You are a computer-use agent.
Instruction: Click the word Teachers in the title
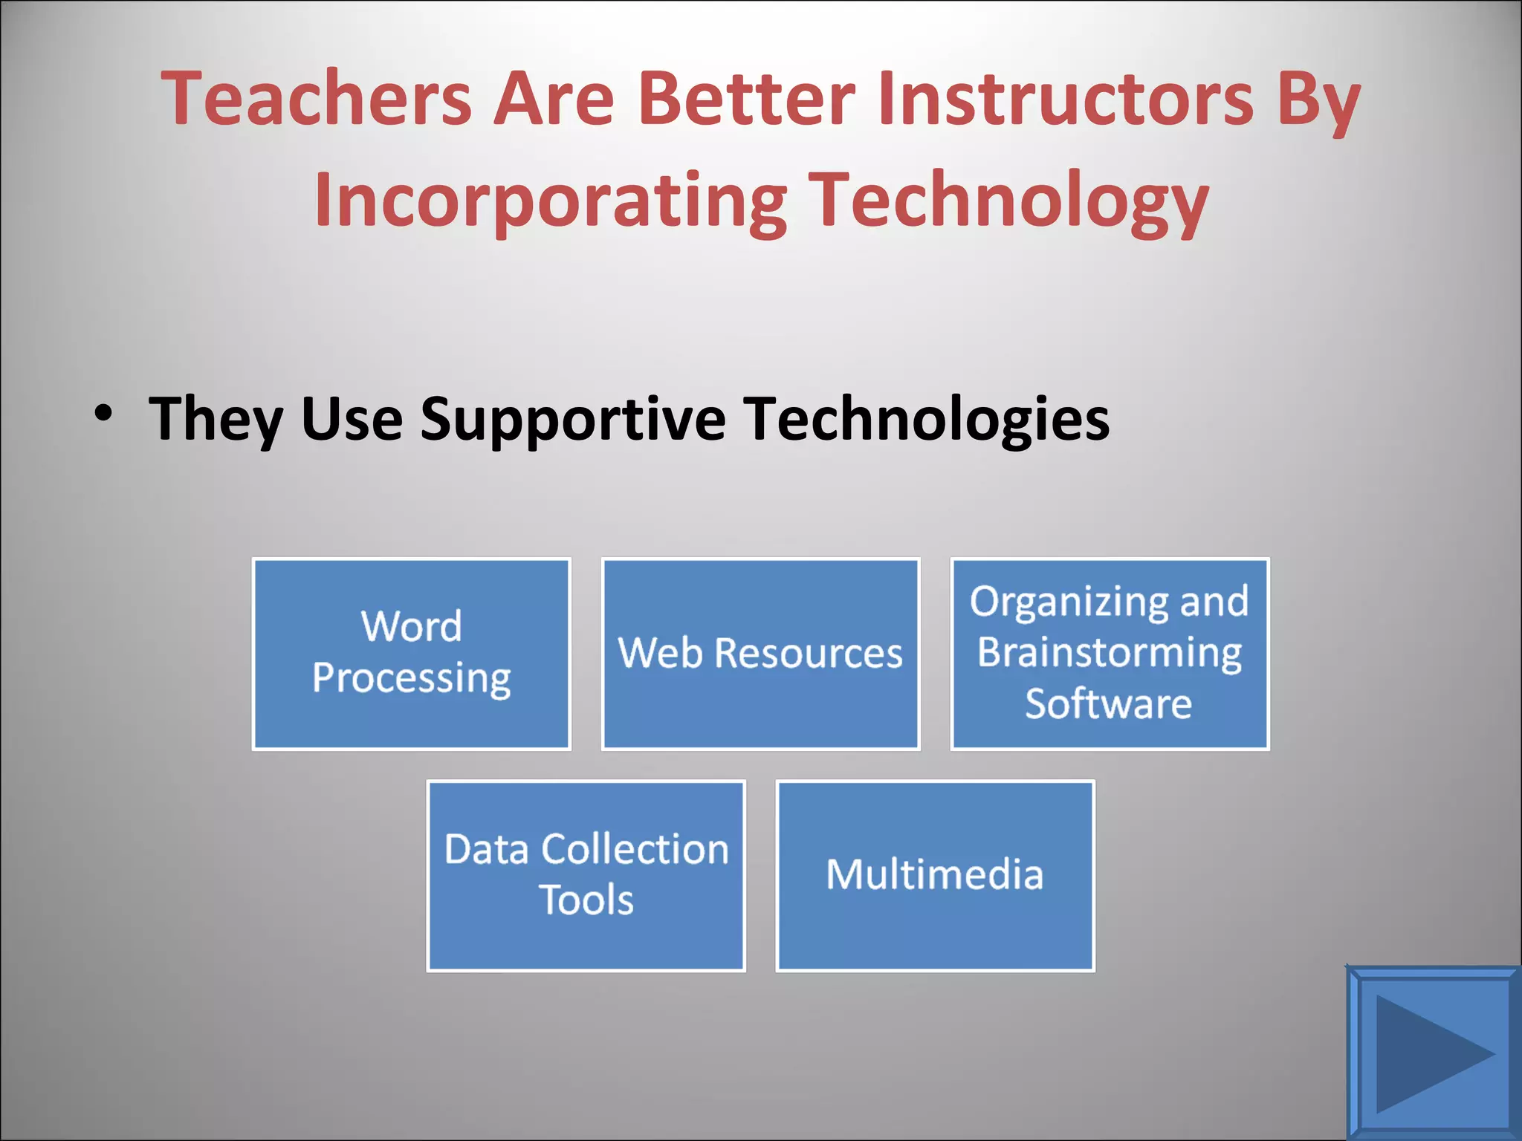click(x=317, y=98)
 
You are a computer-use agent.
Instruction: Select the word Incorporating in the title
click(x=550, y=201)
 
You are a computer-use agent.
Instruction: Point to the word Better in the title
click(x=746, y=98)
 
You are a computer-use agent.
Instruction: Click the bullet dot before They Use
click(x=103, y=413)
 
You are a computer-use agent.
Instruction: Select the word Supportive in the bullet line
click(x=572, y=420)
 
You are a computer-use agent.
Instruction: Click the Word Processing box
click(x=411, y=654)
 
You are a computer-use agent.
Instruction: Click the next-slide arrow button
click(x=1433, y=1053)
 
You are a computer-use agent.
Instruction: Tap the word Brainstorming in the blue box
click(x=1109, y=653)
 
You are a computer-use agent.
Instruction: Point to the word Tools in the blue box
click(x=586, y=900)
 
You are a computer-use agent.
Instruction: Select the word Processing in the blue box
click(x=411, y=678)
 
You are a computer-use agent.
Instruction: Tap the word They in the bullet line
click(x=216, y=420)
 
